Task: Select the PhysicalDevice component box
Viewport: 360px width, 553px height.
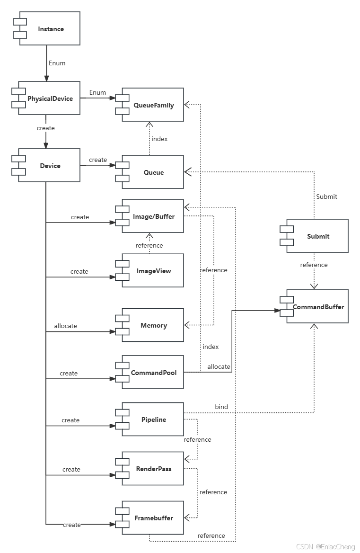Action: pos(50,98)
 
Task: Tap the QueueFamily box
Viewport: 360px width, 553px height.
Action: pos(153,105)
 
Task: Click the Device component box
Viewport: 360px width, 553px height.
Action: pos(50,166)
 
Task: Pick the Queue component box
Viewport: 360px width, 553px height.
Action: pos(153,172)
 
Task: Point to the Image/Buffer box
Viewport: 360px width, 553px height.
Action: pos(153,216)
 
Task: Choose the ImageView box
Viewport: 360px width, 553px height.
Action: pos(153,271)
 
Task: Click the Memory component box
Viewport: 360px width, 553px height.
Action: pos(153,325)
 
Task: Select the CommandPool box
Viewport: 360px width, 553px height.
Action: pos(153,373)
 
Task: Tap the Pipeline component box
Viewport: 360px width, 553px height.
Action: pos(153,419)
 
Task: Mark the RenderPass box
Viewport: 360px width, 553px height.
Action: pos(153,469)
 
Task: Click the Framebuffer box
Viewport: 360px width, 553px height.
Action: pos(153,518)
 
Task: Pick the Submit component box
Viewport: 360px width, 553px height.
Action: pos(317,236)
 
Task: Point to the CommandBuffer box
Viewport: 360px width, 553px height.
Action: pos(317,306)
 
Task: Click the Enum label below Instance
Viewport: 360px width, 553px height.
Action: pos(57,62)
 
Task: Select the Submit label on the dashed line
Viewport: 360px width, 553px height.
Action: pos(326,196)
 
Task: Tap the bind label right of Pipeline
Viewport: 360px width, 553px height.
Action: pos(221,407)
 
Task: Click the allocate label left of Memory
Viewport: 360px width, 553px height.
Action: pos(65,326)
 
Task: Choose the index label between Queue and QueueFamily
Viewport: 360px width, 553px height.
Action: pos(159,139)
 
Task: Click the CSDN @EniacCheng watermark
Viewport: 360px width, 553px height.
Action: pos(325,546)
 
